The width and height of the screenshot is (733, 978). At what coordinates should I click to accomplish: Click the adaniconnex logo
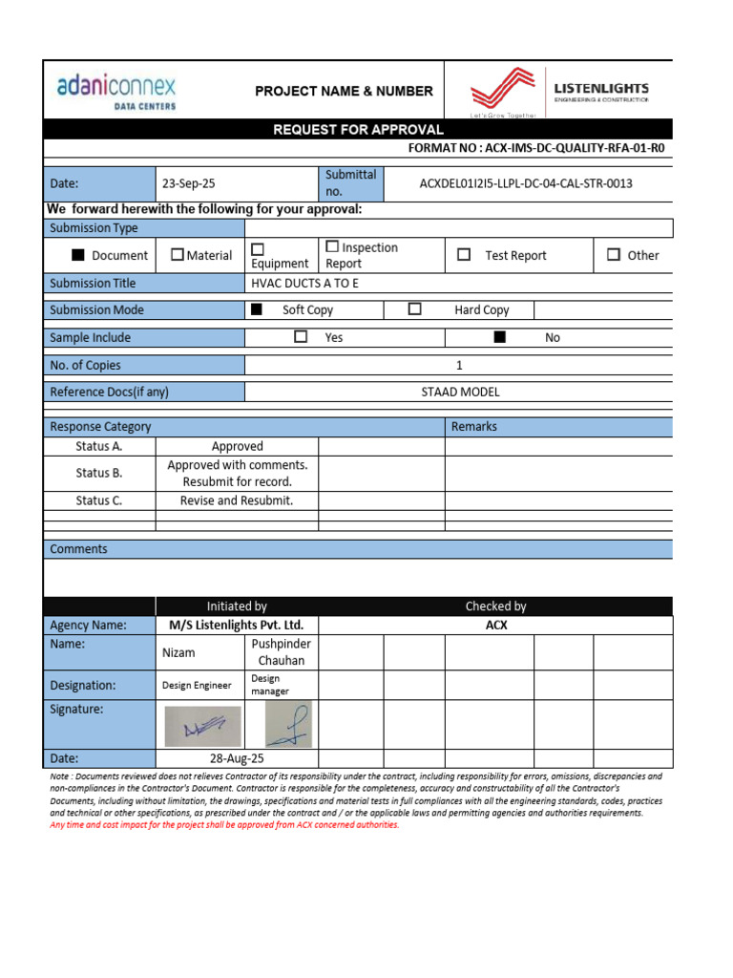(115, 92)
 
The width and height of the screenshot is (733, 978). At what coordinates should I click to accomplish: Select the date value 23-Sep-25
(189, 183)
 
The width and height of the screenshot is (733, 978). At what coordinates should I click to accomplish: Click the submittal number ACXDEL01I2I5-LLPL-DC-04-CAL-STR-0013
(526, 183)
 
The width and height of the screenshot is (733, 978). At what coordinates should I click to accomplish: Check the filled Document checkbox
(77, 255)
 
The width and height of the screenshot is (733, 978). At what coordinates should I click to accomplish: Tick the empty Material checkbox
(177, 255)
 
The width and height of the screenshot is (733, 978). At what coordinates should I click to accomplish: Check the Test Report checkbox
(464, 255)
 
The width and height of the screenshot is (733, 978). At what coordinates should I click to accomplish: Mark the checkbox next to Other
(614, 255)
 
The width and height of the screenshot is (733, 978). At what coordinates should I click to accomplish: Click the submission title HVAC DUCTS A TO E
(304, 284)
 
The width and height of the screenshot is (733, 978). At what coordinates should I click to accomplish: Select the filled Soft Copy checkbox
(256, 309)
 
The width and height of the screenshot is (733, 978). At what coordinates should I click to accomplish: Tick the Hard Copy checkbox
(414, 309)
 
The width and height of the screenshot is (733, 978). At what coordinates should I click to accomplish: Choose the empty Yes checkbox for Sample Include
(301, 337)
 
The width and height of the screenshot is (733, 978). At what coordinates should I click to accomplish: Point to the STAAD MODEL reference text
(460, 392)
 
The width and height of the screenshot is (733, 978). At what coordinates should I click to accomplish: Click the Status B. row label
(99, 473)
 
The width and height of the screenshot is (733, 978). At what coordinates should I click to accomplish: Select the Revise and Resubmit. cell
(237, 500)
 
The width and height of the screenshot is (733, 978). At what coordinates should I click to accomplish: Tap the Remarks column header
(473, 427)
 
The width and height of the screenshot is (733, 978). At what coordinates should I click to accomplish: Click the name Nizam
(178, 652)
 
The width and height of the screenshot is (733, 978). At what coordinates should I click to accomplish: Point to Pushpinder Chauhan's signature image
(287, 725)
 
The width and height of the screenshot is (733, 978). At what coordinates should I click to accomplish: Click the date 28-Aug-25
(237, 758)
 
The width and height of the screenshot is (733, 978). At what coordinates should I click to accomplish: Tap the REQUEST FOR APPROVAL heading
(358, 130)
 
